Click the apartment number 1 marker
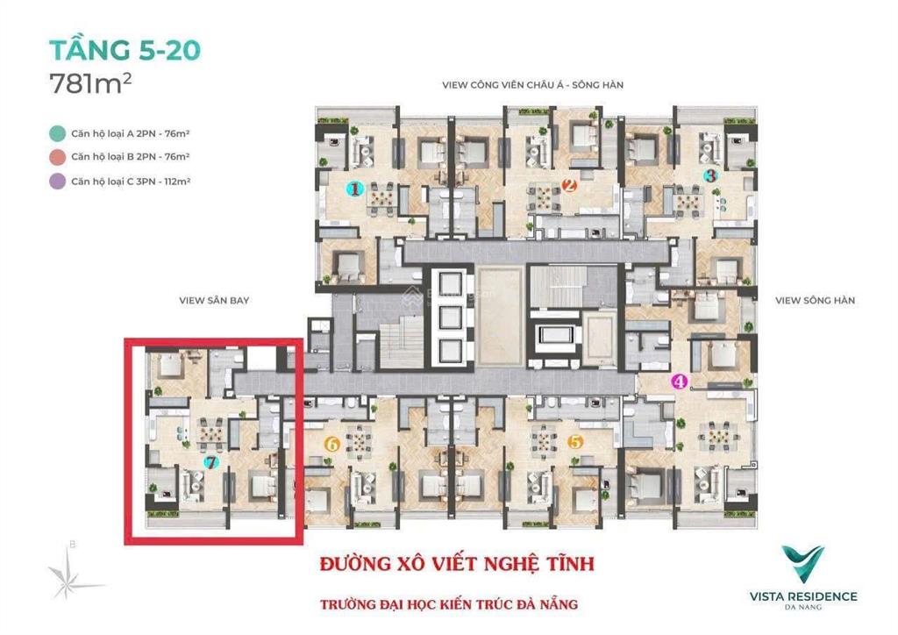pos(354,189)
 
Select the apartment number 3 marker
pos(710,175)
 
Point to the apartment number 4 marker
pos(678,382)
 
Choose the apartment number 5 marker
pos(575,443)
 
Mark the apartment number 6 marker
pos(331,444)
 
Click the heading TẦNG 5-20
pos(125,49)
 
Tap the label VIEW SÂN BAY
pos(214,300)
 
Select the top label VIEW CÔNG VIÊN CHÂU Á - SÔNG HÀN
pos(538,85)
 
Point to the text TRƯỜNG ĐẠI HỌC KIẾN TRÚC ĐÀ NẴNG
pos(448,604)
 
